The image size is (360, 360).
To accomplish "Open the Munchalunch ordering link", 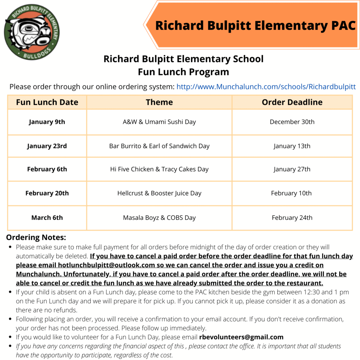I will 266,87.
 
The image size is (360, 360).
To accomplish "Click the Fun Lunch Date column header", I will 47,102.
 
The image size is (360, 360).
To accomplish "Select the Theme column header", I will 159,102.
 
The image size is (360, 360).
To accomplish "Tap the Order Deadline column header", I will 292,102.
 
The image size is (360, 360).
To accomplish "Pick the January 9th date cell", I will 47,122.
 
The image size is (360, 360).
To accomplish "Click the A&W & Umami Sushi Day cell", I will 159,122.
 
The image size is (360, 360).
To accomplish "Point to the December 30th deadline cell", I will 292,122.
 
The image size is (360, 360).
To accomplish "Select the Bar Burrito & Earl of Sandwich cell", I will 159,146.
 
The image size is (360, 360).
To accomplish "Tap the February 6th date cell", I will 47,169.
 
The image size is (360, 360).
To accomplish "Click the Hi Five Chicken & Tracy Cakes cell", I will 159,169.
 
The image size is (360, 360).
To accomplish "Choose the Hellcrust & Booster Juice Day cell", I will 159,193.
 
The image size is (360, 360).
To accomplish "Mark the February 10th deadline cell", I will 292,193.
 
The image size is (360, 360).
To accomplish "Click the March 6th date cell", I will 47,218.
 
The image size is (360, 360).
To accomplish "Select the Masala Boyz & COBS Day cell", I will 159,218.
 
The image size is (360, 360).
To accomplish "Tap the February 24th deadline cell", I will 292,218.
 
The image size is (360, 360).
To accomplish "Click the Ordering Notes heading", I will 36,237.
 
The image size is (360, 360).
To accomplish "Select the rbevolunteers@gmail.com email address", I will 241,337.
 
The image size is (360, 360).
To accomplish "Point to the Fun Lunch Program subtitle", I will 183,72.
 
